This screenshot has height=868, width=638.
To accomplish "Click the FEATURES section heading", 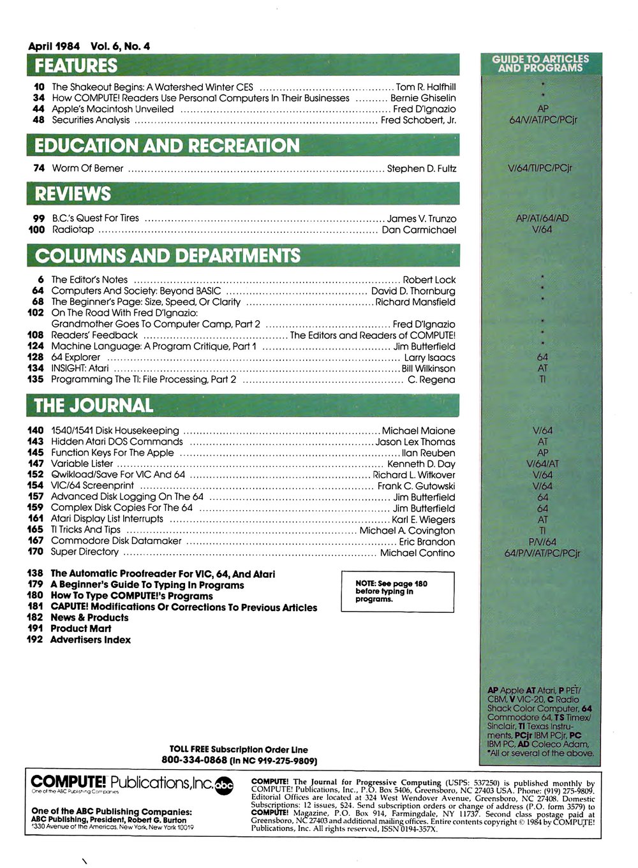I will pyautogui.click(x=76, y=66).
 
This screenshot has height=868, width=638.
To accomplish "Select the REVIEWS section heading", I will pyautogui.click(x=73, y=194).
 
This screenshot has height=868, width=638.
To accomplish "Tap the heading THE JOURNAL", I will pyautogui.click(x=93, y=406).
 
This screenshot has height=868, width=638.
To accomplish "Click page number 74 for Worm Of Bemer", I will pyautogui.click(x=38, y=168).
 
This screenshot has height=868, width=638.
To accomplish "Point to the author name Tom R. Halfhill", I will pyautogui.click(x=426, y=87).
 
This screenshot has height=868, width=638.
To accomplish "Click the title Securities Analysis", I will pyautogui.click(x=91, y=120).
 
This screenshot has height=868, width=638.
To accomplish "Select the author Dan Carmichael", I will pyautogui.click(x=419, y=230).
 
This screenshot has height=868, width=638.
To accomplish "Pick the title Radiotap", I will pyautogui.click(x=73, y=230).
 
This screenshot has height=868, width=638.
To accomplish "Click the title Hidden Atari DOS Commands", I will pyautogui.click(x=117, y=441).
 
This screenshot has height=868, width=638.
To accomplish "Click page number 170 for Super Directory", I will pyautogui.click(x=35, y=552).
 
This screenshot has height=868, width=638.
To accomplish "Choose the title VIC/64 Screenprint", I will pyautogui.click(x=93, y=486).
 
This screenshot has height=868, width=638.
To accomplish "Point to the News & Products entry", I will pyautogui.click(x=89, y=617).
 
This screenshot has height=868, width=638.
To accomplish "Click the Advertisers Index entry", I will pyautogui.click(x=91, y=640).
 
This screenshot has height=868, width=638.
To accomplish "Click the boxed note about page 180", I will pyautogui.click(x=397, y=591).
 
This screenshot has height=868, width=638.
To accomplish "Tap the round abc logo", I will pyautogui.click(x=224, y=784).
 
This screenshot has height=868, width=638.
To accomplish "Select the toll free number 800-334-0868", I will pyautogui.click(x=195, y=760).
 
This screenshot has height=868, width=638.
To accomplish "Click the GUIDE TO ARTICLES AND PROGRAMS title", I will pyautogui.click(x=540, y=63).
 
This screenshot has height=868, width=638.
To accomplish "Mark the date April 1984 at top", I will pyautogui.click(x=54, y=46).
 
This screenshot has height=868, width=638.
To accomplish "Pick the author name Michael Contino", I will pyautogui.click(x=417, y=553).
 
